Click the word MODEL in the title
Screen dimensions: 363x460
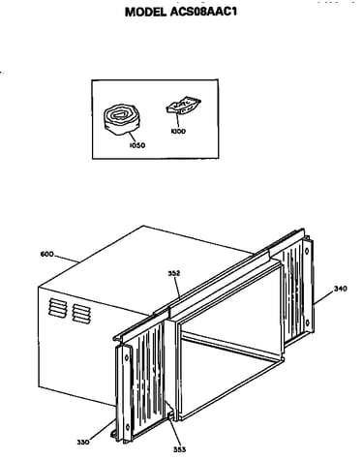[x=144, y=12]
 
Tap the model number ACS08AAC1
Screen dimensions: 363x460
[x=201, y=12]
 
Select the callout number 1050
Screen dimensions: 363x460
[x=137, y=145]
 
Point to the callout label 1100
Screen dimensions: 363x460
[x=178, y=132]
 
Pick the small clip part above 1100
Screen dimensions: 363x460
[x=183, y=105]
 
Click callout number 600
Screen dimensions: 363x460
[x=46, y=255]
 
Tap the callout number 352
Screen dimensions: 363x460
[x=174, y=273]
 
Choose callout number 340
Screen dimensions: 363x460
[x=341, y=289]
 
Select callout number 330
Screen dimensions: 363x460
[x=83, y=442]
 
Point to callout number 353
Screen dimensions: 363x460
[x=179, y=449]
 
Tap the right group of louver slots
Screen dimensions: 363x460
[x=81, y=313]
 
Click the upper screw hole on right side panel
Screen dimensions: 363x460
[x=307, y=251]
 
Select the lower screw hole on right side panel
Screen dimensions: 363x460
[x=308, y=322]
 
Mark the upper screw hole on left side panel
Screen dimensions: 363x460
[x=127, y=357]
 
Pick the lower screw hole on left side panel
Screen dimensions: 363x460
[x=127, y=427]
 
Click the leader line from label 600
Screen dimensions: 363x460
[x=67, y=258]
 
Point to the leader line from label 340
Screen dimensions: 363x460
[x=323, y=297]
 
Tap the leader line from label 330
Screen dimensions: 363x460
[x=102, y=430]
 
